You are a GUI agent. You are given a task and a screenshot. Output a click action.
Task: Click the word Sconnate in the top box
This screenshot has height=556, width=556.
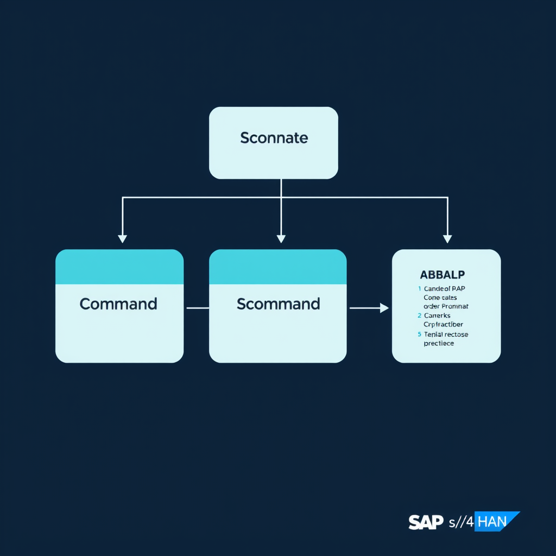pyautogui.click(x=274, y=138)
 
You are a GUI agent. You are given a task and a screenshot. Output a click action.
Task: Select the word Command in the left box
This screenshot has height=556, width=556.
pyautogui.click(x=118, y=304)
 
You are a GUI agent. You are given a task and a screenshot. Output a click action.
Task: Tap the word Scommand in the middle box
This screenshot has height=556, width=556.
pyautogui.click(x=278, y=304)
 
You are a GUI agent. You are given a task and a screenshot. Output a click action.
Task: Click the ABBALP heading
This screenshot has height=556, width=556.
pyautogui.click(x=446, y=275)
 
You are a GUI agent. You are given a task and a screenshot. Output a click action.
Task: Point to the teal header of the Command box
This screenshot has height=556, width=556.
pyautogui.click(x=119, y=267)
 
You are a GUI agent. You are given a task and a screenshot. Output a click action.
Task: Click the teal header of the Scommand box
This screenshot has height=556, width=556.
pyautogui.click(x=277, y=267)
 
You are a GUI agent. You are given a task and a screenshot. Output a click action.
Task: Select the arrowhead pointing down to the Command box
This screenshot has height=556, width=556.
pyautogui.click(x=123, y=238)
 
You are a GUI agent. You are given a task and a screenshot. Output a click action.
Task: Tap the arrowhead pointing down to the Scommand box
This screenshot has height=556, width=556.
pyautogui.click(x=281, y=238)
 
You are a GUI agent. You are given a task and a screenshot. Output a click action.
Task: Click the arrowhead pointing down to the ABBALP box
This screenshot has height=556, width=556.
pyautogui.click(x=447, y=238)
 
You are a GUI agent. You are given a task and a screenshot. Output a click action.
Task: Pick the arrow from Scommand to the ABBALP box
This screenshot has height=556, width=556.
pyautogui.click(x=369, y=308)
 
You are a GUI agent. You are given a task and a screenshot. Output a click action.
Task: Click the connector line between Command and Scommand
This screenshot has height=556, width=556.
pyautogui.click(x=197, y=308)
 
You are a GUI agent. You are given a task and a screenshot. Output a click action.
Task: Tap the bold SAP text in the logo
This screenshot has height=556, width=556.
pyautogui.click(x=426, y=522)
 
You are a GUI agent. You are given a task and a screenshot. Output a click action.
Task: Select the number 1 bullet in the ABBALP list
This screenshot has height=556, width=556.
pyautogui.click(x=419, y=289)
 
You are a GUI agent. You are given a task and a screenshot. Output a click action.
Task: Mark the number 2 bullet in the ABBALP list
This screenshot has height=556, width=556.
pyautogui.click(x=419, y=315)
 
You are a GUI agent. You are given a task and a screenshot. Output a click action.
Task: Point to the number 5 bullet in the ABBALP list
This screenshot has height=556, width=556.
pyautogui.click(x=419, y=334)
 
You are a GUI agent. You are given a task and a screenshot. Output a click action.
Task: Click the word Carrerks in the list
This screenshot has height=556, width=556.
pyautogui.click(x=437, y=315)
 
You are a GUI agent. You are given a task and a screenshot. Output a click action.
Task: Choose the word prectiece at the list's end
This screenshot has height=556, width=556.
pyautogui.click(x=439, y=343)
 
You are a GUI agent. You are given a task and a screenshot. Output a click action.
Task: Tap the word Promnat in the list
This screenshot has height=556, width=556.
pyautogui.click(x=456, y=306)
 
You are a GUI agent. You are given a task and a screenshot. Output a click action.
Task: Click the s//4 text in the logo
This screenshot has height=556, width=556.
pyautogui.click(x=461, y=522)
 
